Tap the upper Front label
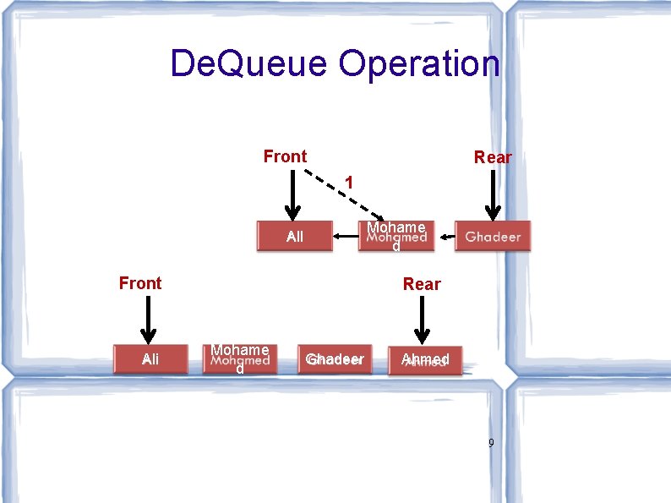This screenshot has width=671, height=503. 285,156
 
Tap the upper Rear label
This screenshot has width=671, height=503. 493,157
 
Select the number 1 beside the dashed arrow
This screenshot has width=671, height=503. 347,182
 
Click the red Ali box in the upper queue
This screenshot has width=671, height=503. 294,237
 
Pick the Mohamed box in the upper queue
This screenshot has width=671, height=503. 396,237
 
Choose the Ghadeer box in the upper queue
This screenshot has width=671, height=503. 494,237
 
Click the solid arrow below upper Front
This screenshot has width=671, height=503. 292,194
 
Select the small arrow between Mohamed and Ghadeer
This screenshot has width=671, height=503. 445,238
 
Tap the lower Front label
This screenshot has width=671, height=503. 140,283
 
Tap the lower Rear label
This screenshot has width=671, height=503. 421,284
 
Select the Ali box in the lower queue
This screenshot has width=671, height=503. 150,359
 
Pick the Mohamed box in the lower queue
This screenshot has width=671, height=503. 240,359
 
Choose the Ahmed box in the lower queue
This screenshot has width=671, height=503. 425,359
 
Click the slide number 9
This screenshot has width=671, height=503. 491,442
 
